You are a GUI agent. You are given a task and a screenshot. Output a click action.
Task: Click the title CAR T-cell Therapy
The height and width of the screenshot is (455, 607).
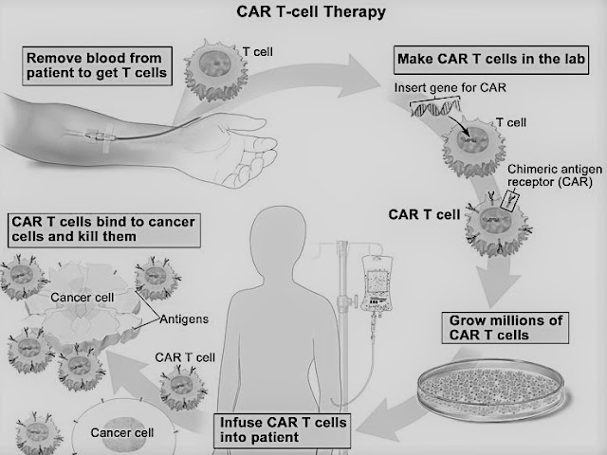click(x=311, y=12)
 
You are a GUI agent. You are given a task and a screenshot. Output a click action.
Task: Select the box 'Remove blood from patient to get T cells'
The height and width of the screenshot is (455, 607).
click(x=97, y=65)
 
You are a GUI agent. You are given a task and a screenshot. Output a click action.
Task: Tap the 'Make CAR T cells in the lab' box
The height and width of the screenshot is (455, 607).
click(x=491, y=60)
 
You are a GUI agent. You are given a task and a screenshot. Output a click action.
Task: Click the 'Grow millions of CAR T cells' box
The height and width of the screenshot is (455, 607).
click(x=506, y=328)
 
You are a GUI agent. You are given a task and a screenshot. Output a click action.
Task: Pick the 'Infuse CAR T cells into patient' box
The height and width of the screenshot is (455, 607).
click(x=283, y=430)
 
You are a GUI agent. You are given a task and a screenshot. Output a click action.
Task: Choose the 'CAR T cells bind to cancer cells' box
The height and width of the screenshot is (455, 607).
click(x=103, y=230)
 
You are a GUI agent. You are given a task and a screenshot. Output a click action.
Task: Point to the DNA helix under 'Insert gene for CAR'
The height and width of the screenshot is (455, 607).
click(x=435, y=108)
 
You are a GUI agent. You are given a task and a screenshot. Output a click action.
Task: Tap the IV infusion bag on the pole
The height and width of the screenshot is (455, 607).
click(x=377, y=283)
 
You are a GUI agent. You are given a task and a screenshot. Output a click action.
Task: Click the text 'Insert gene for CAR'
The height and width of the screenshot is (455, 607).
click(x=450, y=88)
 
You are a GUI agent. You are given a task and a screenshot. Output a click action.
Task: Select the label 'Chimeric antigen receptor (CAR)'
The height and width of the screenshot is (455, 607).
click(x=554, y=175)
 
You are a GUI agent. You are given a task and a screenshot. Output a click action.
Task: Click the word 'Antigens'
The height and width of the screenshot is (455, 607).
click(x=184, y=319)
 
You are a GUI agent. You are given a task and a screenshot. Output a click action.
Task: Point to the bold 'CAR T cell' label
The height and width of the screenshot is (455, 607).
click(x=424, y=215)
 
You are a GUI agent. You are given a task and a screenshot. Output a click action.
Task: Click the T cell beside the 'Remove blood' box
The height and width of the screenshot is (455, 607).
click(x=216, y=69)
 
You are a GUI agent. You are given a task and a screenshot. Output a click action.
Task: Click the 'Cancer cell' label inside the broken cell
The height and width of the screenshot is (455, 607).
click(x=83, y=297)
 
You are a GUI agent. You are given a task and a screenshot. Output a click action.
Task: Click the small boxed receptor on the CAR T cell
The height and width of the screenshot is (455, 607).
click(x=510, y=200)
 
